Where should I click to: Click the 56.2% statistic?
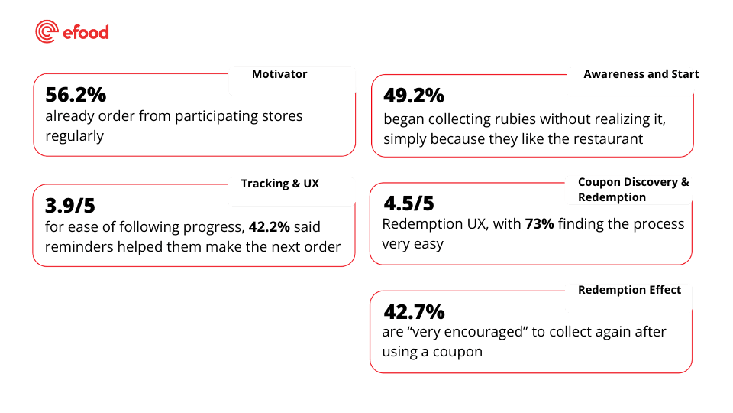pos(76,96)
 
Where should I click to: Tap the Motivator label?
pos(279,74)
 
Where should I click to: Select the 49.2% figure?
pos(412,96)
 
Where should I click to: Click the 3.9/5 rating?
pos(69,205)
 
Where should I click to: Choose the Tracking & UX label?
pos(279,184)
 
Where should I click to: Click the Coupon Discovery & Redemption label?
pos(633,190)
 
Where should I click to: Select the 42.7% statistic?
pos(413,312)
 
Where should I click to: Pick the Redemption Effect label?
pos(624,290)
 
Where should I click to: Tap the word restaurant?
pos(608,138)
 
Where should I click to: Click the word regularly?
pos(74,136)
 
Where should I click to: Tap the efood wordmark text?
pos(86,32)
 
